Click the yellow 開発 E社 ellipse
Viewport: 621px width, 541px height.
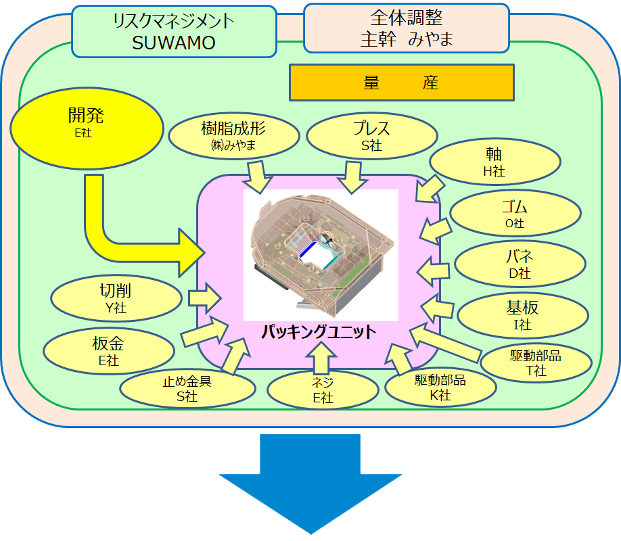[x=87, y=124]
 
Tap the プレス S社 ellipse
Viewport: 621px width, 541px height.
[x=371, y=136]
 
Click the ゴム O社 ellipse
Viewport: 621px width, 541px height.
[x=515, y=214]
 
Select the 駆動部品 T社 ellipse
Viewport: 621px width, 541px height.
[x=536, y=362]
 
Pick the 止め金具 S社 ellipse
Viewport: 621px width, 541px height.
[x=187, y=388]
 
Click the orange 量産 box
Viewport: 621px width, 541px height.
[x=401, y=83]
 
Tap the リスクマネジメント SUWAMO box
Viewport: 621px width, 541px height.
[x=174, y=31]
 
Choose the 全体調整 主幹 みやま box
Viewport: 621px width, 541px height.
[x=406, y=28]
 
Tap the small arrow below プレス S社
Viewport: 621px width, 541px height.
[x=352, y=177]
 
